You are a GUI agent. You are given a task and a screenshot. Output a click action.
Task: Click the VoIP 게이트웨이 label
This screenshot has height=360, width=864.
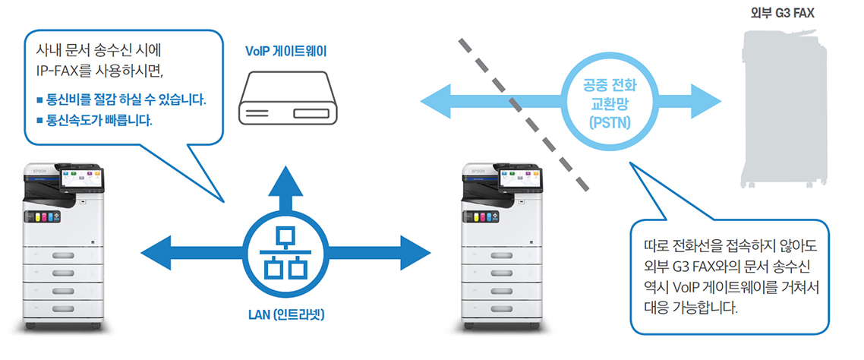(x=286, y=52)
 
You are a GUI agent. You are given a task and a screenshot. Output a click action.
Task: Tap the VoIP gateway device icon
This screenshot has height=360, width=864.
(x=286, y=107)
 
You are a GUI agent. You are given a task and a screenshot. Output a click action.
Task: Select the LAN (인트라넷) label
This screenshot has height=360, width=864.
(x=286, y=314)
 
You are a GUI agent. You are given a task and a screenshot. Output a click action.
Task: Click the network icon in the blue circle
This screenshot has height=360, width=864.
(x=285, y=254)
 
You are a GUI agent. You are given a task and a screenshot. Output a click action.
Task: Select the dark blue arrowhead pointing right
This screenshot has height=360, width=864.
(x=415, y=254)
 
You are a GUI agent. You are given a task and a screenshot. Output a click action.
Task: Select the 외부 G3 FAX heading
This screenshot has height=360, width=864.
(x=782, y=12)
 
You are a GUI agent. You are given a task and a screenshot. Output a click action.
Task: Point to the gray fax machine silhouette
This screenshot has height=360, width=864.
(x=784, y=109)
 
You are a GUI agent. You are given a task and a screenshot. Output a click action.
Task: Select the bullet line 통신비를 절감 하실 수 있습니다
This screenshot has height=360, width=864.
(x=121, y=99)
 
